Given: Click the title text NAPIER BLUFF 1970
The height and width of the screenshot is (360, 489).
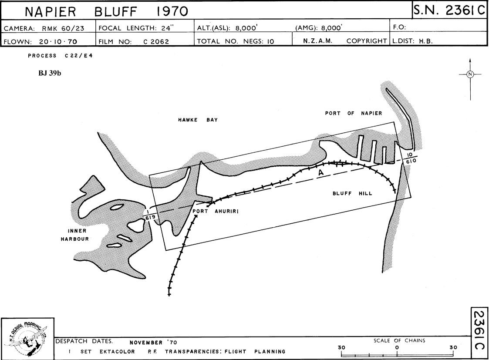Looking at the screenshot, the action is click(x=106, y=11).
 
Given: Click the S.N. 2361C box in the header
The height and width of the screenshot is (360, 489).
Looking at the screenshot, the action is click(x=449, y=10).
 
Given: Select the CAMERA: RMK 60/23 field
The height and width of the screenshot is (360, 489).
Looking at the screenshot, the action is click(x=44, y=28).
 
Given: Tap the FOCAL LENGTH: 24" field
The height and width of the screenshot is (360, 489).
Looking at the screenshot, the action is click(x=136, y=28).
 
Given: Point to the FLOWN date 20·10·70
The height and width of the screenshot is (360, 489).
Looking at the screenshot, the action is click(x=58, y=41).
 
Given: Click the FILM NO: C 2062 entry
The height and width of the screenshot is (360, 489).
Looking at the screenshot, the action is click(x=134, y=41).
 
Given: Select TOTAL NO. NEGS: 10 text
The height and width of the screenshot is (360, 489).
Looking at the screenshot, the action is click(x=236, y=41).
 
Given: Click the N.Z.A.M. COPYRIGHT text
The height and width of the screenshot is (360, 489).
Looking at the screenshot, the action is click(x=345, y=41).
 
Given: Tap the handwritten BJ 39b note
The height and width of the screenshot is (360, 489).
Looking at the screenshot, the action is click(x=50, y=73).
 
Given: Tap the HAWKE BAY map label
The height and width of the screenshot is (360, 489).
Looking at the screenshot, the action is click(x=198, y=120).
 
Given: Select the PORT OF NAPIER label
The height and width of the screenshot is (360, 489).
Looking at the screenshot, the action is click(x=354, y=113).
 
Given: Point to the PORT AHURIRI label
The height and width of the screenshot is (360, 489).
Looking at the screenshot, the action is click(x=216, y=211).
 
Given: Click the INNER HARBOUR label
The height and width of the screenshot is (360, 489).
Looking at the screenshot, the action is click(x=75, y=235).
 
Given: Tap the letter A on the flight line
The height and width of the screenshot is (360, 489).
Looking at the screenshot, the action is click(x=320, y=173).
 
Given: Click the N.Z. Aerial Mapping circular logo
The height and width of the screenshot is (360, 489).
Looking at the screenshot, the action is click(x=28, y=339).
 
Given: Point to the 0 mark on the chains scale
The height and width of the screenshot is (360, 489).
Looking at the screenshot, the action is click(x=397, y=347).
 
